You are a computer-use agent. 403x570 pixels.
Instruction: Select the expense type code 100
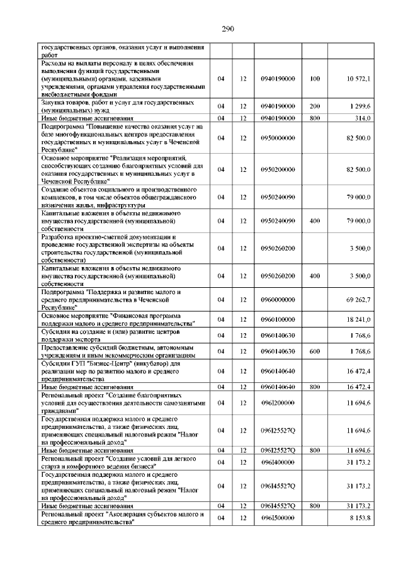pyautogui.click(x=315, y=79)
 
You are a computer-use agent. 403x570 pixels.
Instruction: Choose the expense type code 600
pyautogui.click(x=315, y=351)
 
